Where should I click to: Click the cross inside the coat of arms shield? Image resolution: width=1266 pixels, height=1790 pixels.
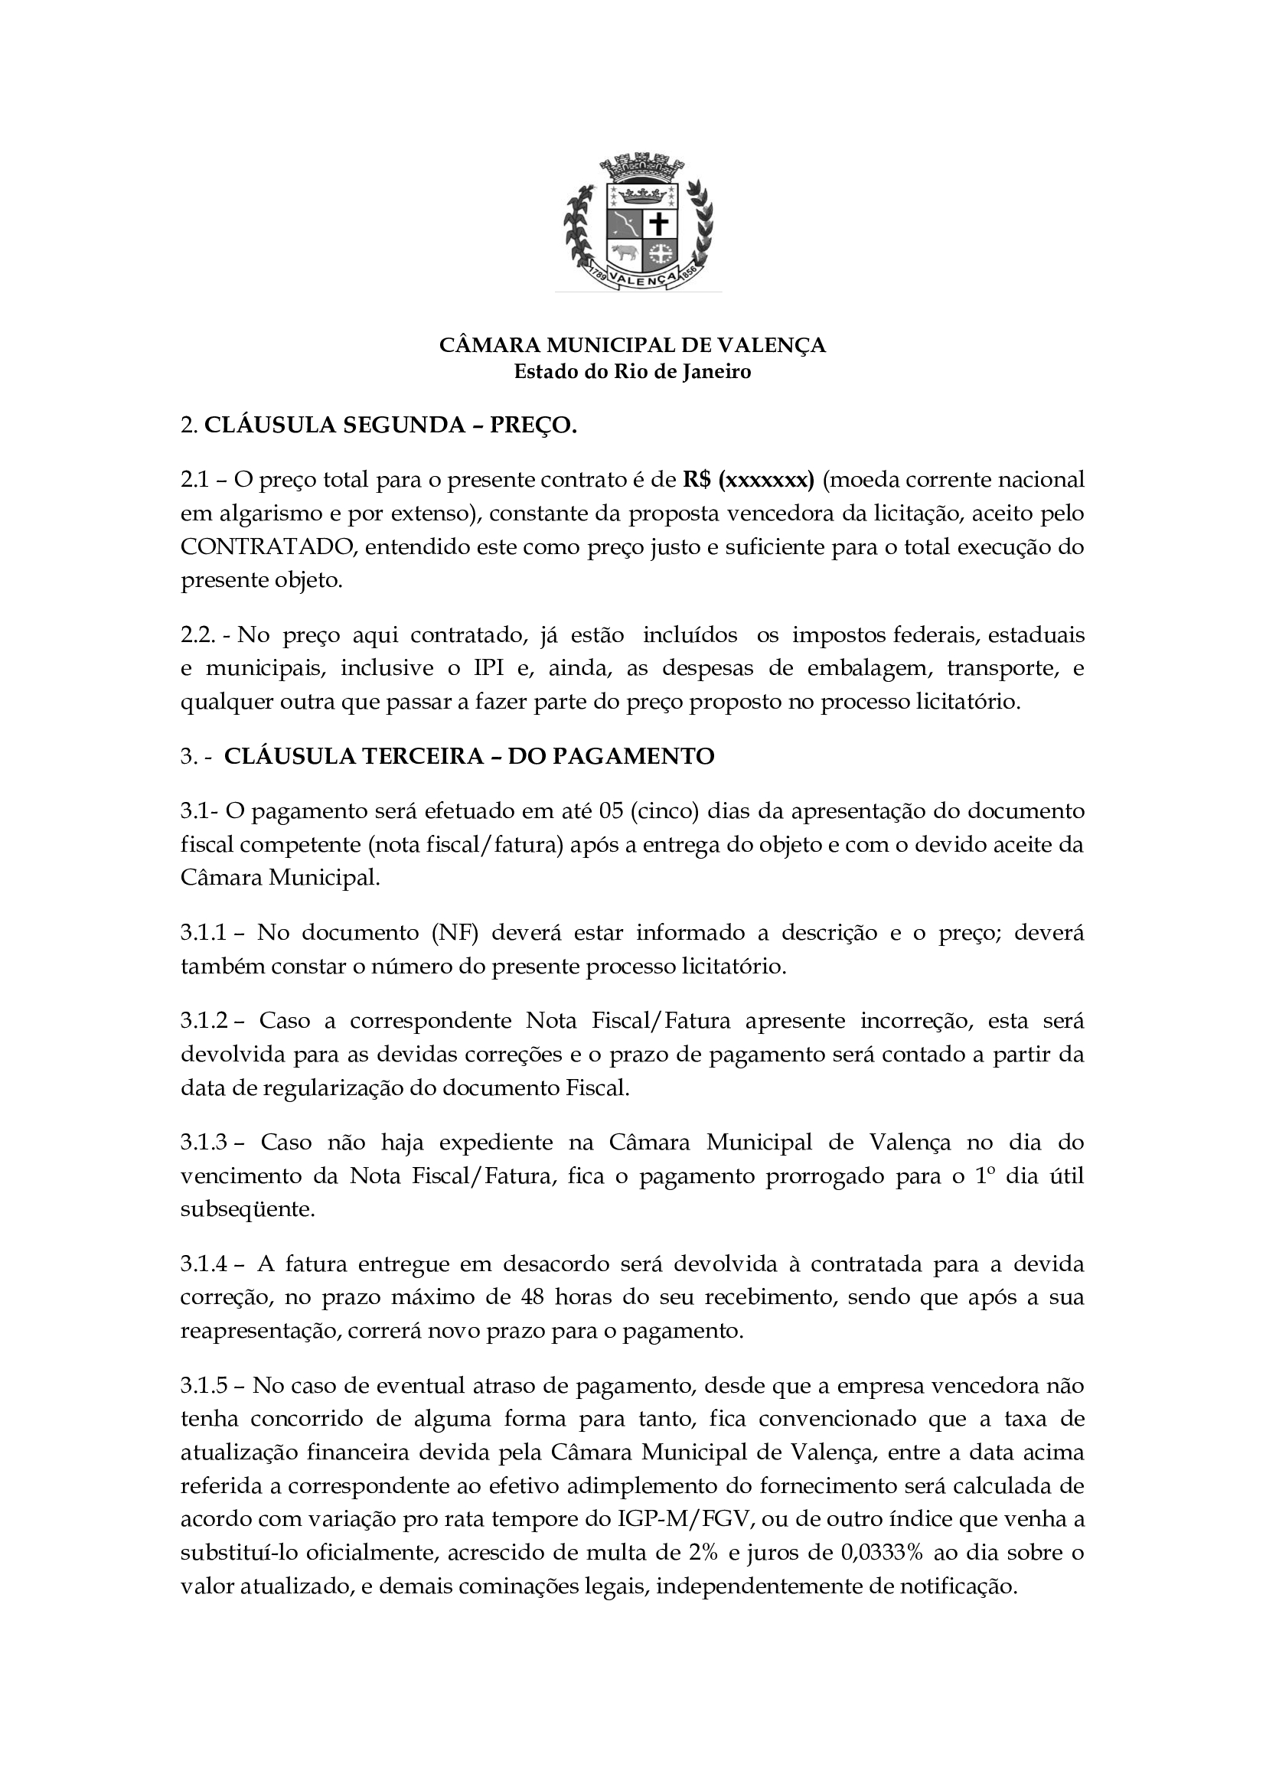[x=660, y=224]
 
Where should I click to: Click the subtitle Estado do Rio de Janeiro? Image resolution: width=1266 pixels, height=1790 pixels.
[x=632, y=372]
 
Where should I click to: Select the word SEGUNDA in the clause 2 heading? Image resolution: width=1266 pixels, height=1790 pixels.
[x=406, y=425]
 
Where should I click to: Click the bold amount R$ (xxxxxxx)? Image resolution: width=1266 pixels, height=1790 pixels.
[x=749, y=480]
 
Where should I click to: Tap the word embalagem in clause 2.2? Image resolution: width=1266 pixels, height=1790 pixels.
[x=869, y=668]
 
